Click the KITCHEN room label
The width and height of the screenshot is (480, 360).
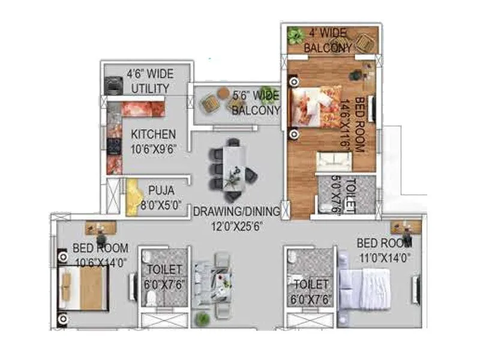pos(154,134)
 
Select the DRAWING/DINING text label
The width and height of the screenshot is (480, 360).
pos(236,212)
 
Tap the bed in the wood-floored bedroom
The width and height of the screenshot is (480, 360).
pos(315,106)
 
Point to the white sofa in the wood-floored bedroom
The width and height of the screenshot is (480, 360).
pos(334,160)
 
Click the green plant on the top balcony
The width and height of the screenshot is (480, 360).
pos(295,35)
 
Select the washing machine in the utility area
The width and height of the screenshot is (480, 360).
pos(113,86)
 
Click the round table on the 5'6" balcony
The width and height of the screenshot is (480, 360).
pos(223,92)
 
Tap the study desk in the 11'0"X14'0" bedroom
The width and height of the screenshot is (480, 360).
pos(405,227)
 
